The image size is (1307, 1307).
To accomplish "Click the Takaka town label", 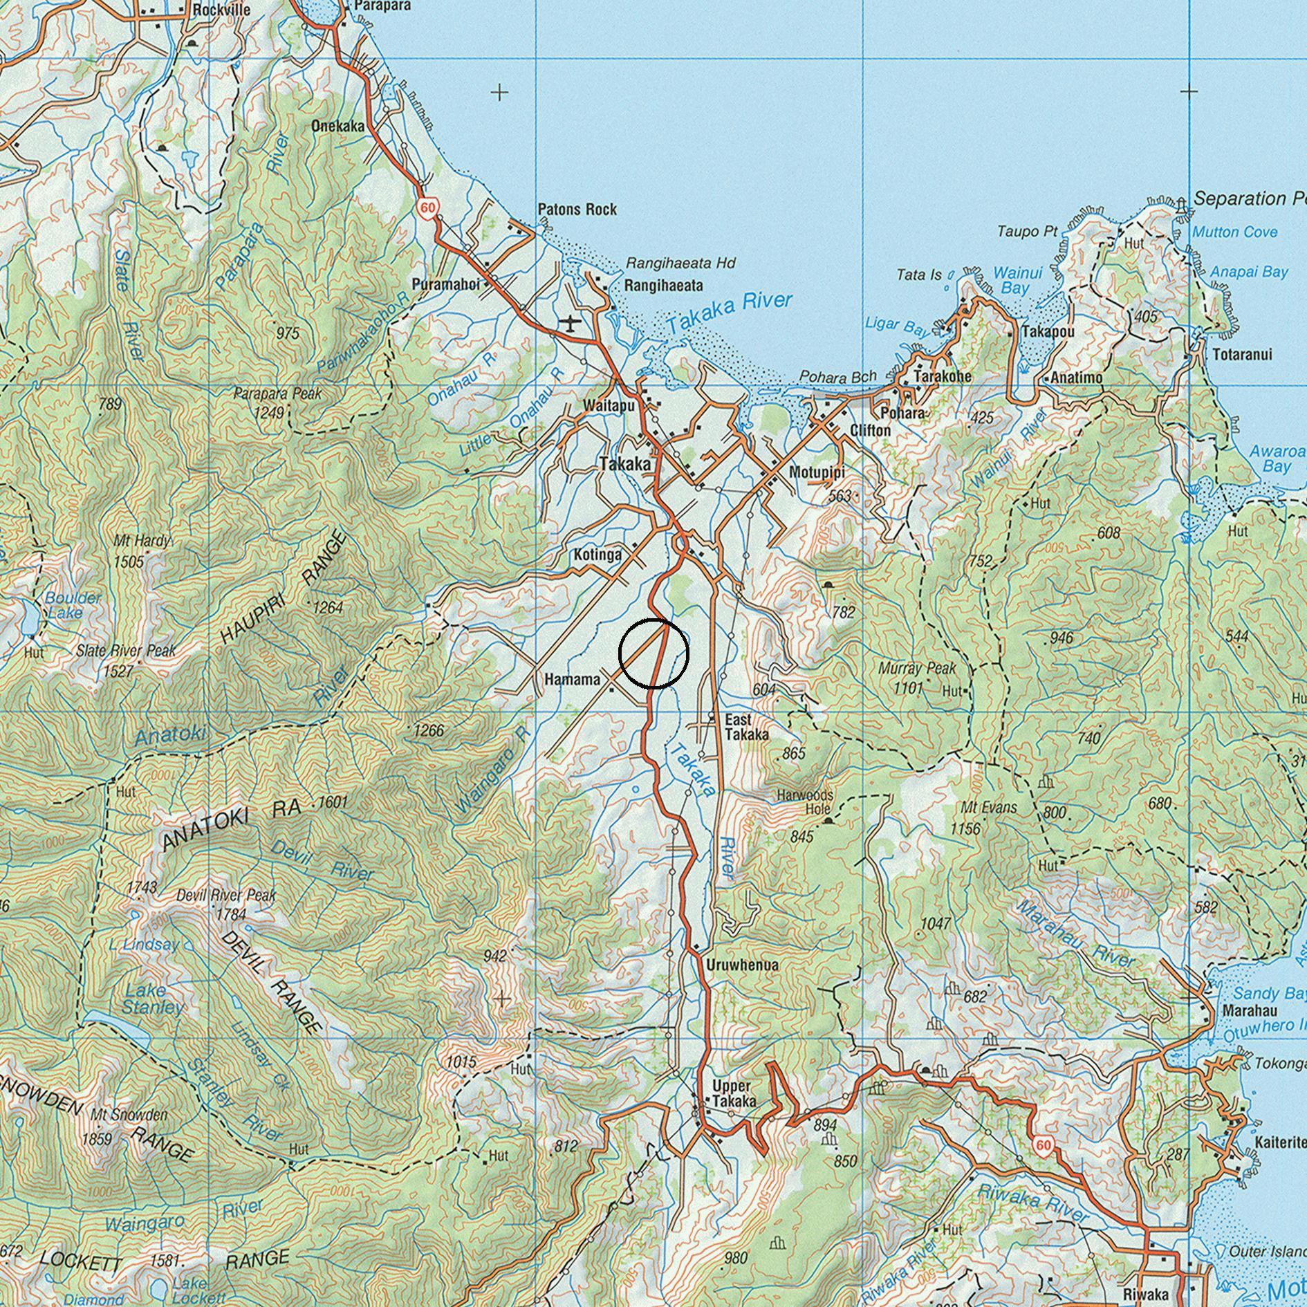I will (x=625, y=465).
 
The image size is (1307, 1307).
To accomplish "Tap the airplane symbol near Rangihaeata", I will (x=569, y=323).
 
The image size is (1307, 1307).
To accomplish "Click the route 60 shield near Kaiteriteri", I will (x=1043, y=1146).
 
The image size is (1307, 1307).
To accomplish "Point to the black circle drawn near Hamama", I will (x=653, y=653).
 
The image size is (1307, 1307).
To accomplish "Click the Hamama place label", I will (x=573, y=680).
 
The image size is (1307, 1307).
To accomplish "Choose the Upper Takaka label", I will (x=733, y=1093).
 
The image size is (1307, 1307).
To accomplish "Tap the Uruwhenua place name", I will (x=743, y=965).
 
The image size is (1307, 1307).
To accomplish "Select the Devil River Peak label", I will (x=226, y=896).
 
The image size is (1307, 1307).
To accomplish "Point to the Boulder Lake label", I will (x=72, y=604).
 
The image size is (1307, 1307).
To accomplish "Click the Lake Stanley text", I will (x=153, y=998).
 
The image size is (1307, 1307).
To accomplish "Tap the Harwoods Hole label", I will (x=806, y=802).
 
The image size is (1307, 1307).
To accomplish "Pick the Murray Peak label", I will (x=916, y=669).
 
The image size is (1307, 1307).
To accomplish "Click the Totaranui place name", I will (x=1242, y=355).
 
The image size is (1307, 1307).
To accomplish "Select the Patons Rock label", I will (x=577, y=210).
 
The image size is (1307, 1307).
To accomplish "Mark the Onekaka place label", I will (x=337, y=127).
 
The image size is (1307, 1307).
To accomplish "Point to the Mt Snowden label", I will (x=129, y=1115).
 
